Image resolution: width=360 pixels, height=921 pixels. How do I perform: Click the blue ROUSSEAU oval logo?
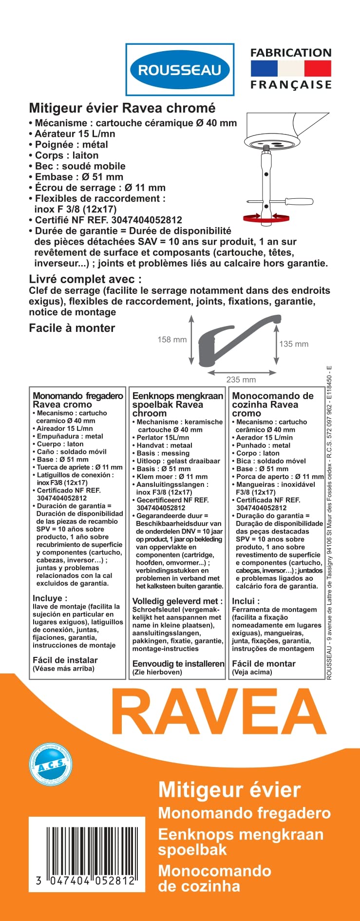(180, 70)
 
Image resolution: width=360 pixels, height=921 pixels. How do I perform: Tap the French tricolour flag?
(291, 69)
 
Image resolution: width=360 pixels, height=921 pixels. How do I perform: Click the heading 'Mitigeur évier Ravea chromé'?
(122, 108)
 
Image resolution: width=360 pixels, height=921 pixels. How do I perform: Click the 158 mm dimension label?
(172, 340)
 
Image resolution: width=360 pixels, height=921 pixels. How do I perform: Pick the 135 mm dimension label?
(294, 344)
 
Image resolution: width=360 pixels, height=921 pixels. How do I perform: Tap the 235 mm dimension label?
(241, 380)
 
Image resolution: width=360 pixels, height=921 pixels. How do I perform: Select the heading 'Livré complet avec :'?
(85, 279)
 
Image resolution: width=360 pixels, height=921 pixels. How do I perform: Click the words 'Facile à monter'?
(72, 328)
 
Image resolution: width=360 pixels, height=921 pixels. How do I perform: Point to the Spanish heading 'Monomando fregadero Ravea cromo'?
(77, 400)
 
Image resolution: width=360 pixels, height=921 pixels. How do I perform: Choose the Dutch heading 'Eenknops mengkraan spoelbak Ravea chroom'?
(177, 404)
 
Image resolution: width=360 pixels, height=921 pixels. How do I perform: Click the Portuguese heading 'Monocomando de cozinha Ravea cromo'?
(273, 404)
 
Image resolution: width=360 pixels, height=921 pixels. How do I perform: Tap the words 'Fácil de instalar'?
(65, 660)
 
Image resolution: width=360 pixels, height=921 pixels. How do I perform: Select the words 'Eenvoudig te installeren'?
(178, 664)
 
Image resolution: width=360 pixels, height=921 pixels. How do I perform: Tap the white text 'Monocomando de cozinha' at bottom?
(214, 878)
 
